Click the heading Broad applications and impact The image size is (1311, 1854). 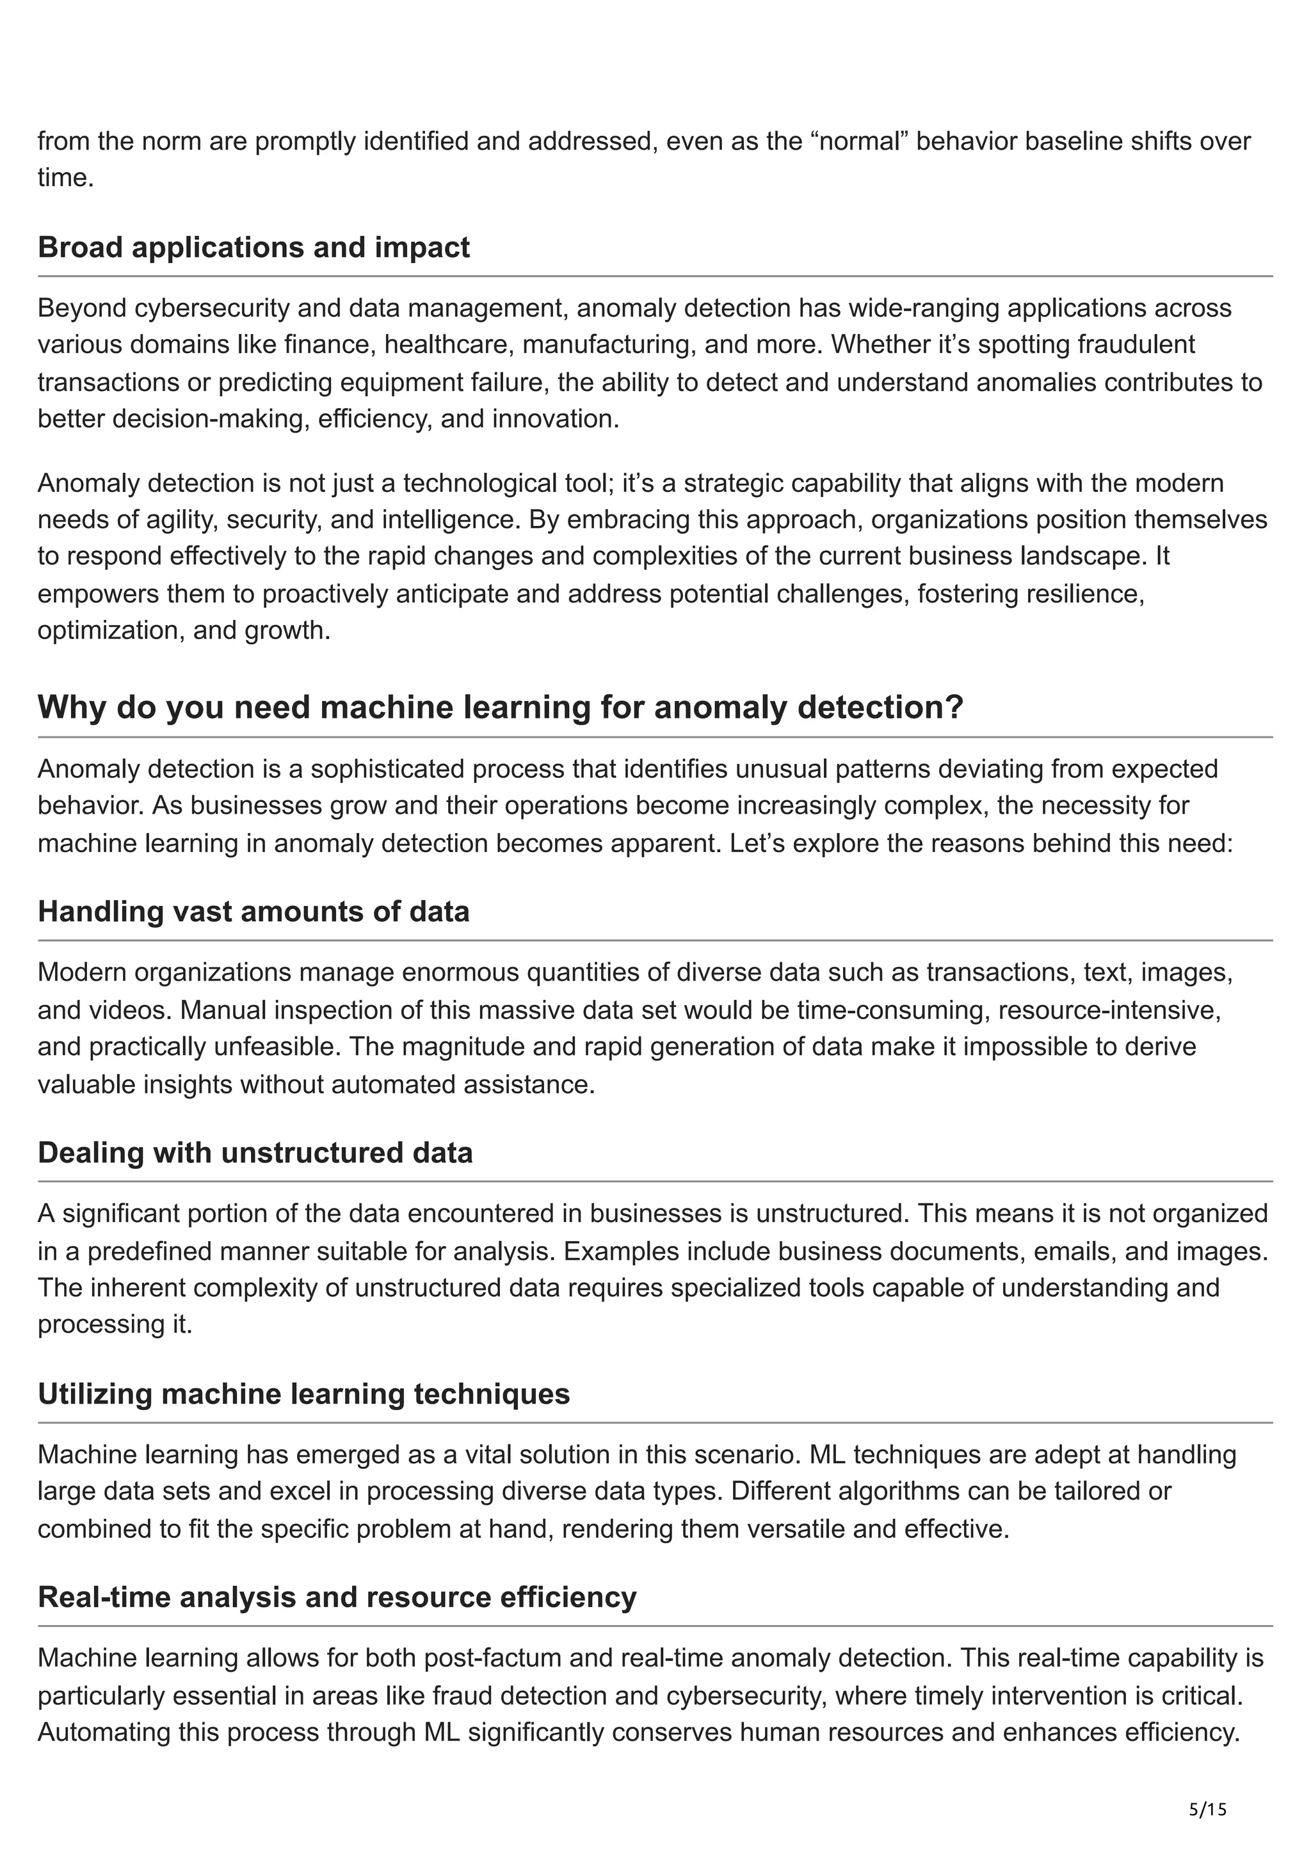(x=253, y=247)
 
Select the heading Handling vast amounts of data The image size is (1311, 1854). (x=253, y=911)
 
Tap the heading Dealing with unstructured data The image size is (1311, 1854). (x=255, y=1152)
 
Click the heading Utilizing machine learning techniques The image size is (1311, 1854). (x=303, y=1394)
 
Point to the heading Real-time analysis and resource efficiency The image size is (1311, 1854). (x=337, y=1596)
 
